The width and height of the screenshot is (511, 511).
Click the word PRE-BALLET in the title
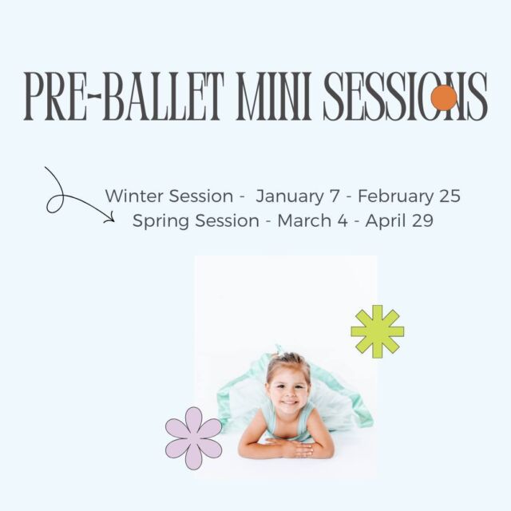pyautogui.click(x=125, y=97)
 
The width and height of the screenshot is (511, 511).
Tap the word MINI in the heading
pyautogui.click(x=274, y=97)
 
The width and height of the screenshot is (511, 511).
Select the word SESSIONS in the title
pyautogui.click(x=406, y=97)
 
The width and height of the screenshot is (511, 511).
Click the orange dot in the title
pyautogui.click(x=444, y=97)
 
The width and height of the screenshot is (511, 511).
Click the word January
pyautogui.click(x=290, y=196)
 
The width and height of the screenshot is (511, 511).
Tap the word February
pyautogui.click(x=396, y=196)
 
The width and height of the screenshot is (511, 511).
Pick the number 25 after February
pyautogui.click(x=450, y=196)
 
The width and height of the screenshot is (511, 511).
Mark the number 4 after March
pyautogui.click(x=343, y=220)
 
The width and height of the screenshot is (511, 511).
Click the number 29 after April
pyautogui.click(x=422, y=220)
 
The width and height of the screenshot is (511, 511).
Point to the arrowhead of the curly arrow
pyautogui.click(x=111, y=218)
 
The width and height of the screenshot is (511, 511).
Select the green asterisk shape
pyautogui.click(x=378, y=331)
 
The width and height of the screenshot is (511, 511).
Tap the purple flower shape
pyautogui.click(x=194, y=438)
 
